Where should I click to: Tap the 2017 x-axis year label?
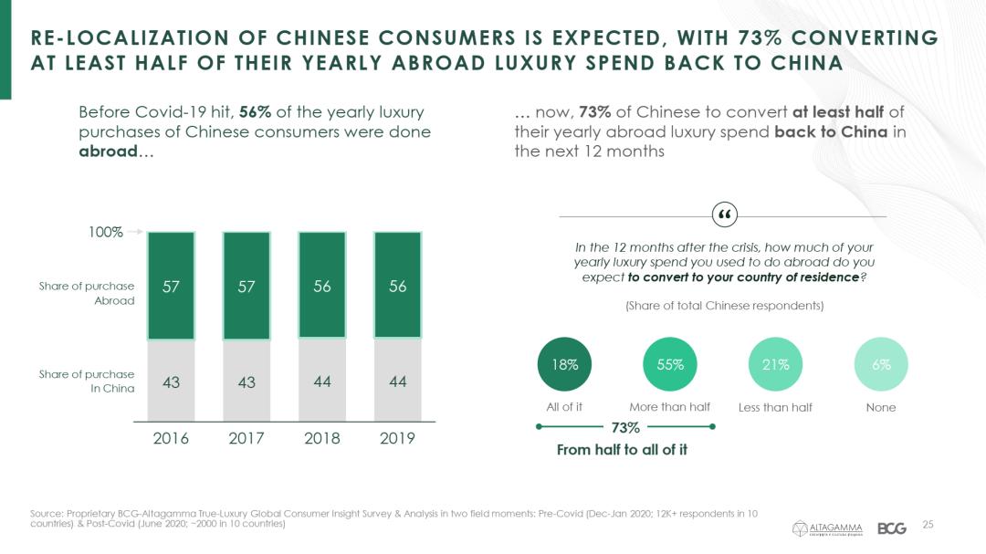point(246,438)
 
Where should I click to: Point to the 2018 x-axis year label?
point(321,438)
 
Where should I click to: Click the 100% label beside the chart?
point(105,232)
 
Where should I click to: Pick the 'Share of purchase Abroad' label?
point(87,293)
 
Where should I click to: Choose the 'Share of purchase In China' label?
point(87,381)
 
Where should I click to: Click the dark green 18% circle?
point(565,364)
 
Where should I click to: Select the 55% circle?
point(670,364)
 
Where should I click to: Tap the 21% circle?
point(775,364)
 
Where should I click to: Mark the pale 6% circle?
point(881,364)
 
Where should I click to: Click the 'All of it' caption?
point(565,407)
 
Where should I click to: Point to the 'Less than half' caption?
point(775,407)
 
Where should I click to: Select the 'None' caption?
point(881,407)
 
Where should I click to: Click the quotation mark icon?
point(723,215)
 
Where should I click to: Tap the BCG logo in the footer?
point(892,528)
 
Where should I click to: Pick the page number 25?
point(928,524)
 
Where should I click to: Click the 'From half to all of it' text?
point(622,449)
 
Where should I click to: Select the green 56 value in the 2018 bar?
point(321,286)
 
